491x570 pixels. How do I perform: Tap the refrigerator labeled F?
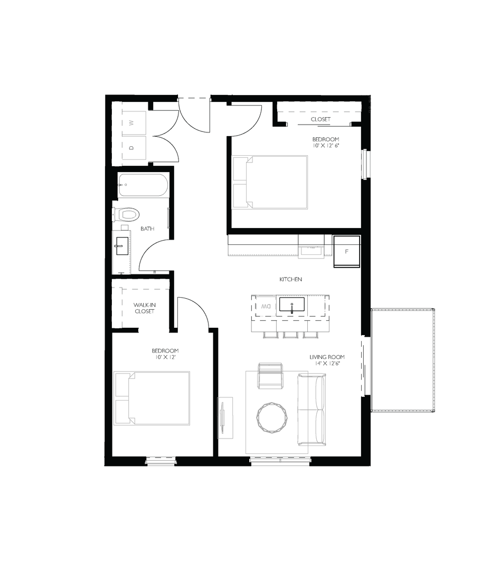pos(346,251)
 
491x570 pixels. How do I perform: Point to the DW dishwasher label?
pos(265,306)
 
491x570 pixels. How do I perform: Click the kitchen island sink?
pos(291,305)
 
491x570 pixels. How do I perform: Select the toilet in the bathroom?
pos(127,214)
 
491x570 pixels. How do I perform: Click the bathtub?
pos(143,185)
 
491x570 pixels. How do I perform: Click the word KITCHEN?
pos(290,279)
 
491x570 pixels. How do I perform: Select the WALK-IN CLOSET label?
pos(144,308)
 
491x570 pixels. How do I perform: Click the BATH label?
pos(147,229)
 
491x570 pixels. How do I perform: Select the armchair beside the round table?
pos(270,375)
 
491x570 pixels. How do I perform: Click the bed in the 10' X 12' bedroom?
pos(153,398)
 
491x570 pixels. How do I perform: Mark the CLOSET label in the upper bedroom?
pos(320,119)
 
